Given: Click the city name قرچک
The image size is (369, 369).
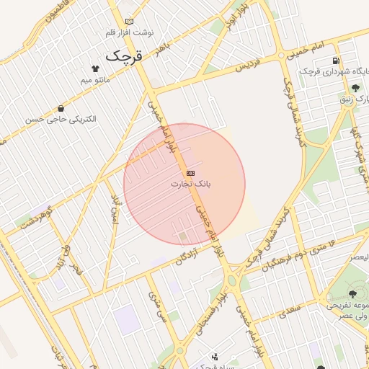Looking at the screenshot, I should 125,55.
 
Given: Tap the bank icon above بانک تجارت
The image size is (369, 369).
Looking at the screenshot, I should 190,173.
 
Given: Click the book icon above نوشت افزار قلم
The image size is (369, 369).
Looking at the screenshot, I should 129,22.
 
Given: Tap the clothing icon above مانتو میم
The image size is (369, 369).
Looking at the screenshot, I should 94,68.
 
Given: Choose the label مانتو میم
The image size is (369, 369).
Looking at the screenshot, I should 94,79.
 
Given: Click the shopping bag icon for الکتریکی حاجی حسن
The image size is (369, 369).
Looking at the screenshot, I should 61,108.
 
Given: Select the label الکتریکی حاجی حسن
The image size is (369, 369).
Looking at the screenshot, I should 61,119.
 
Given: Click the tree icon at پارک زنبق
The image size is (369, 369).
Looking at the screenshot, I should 355,88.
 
